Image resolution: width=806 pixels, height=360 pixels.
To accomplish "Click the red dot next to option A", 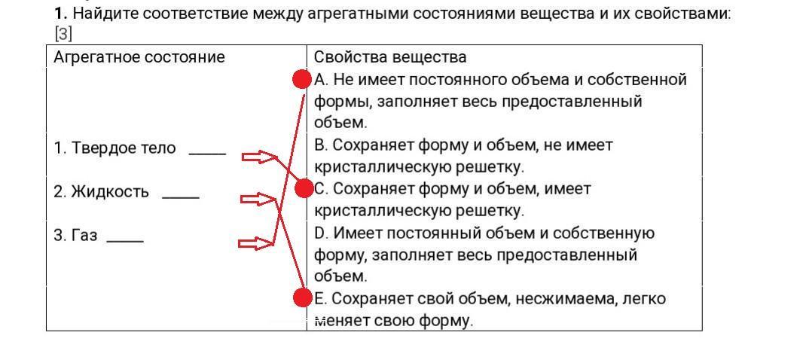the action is click(x=302, y=80).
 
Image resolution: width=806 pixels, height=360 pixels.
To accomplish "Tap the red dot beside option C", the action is click(x=304, y=188).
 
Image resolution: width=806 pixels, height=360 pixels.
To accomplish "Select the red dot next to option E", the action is click(x=303, y=297).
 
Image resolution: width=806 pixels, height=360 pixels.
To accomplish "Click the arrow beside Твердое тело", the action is click(x=258, y=157).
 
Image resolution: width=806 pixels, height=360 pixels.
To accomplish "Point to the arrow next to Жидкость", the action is click(x=258, y=200).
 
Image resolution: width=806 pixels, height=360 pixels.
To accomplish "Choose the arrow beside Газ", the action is click(x=257, y=243).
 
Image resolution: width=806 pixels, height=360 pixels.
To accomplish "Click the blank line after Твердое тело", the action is click(x=208, y=153).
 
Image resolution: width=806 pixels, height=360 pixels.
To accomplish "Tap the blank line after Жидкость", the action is click(x=181, y=197).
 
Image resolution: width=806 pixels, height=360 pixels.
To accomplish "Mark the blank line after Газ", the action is click(x=125, y=240).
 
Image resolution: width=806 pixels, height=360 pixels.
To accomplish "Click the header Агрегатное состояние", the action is click(x=139, y=57).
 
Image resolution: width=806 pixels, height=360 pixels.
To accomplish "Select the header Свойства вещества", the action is click(x=390, y=56).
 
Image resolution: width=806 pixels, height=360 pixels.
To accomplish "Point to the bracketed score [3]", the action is click(x=63, y=34).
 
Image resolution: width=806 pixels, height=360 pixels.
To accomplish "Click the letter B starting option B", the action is click(x=320, y=145).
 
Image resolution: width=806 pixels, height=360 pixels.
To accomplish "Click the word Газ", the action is click(x=85, y=236).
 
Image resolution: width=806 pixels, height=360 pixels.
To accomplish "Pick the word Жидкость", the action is click(x=110, y=192).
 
